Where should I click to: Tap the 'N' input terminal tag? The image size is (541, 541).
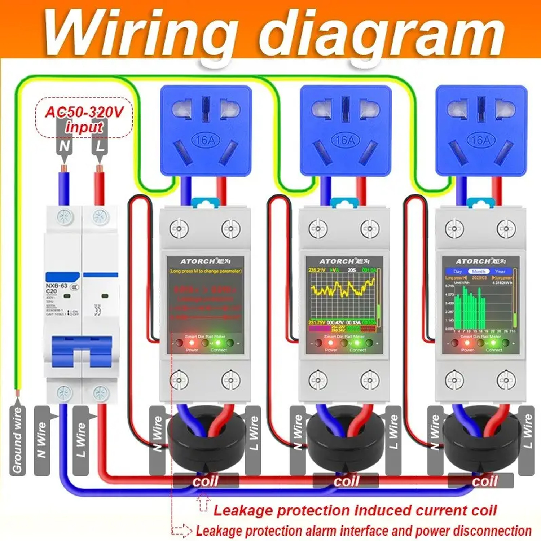click(65, 146)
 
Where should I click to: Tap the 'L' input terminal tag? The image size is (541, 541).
click(100, 146)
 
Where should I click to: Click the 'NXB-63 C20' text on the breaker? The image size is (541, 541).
click(56, 288)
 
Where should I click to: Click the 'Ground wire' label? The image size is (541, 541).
click(17, 440)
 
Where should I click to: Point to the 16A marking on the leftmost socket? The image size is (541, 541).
click(205, 140)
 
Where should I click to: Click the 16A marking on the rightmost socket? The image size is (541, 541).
click(481, 140)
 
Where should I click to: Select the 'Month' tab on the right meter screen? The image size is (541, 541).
click(478, 271)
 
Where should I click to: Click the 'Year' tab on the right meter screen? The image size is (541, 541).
click(500, 271)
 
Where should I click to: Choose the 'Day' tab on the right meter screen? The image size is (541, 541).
click(457, 271)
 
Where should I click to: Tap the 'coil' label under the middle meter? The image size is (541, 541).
click(346, 481)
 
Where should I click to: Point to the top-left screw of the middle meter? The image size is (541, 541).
click(318, 228)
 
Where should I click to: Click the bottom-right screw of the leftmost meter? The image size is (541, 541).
click(231, 380)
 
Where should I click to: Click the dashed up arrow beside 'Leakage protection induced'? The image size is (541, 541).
click(203, 502)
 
